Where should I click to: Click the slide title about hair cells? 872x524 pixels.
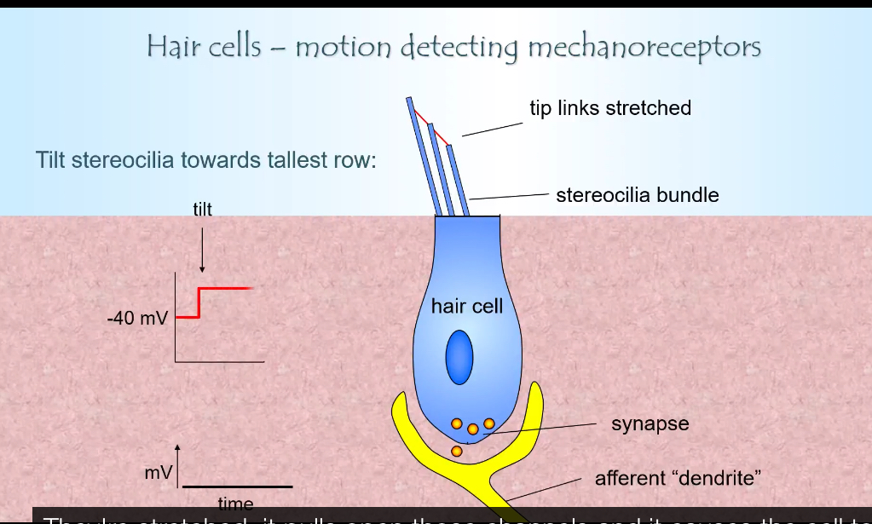pos(453,46)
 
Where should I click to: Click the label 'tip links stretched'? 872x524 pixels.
pos(609,108)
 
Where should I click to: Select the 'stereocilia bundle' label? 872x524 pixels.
pos(637,195)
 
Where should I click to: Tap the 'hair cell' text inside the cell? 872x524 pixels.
pos(466,306)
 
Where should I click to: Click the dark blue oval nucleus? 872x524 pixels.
pos(459,358)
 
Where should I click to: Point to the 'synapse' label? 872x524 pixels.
pos(650,423)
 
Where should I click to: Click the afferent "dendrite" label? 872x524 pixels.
pos(675,479)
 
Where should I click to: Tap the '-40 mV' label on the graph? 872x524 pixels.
pos(137,320)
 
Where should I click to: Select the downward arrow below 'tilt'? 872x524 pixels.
pos(202,247)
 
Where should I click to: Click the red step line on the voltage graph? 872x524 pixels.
pos(223,289)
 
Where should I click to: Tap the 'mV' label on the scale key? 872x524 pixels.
pos(158,472)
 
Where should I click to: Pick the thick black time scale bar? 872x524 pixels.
pos(237,487)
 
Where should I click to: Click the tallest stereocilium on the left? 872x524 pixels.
pos(423,158)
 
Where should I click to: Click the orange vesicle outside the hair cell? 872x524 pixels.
pos(457,451)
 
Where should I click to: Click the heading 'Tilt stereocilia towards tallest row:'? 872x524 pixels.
pos(205,159)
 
